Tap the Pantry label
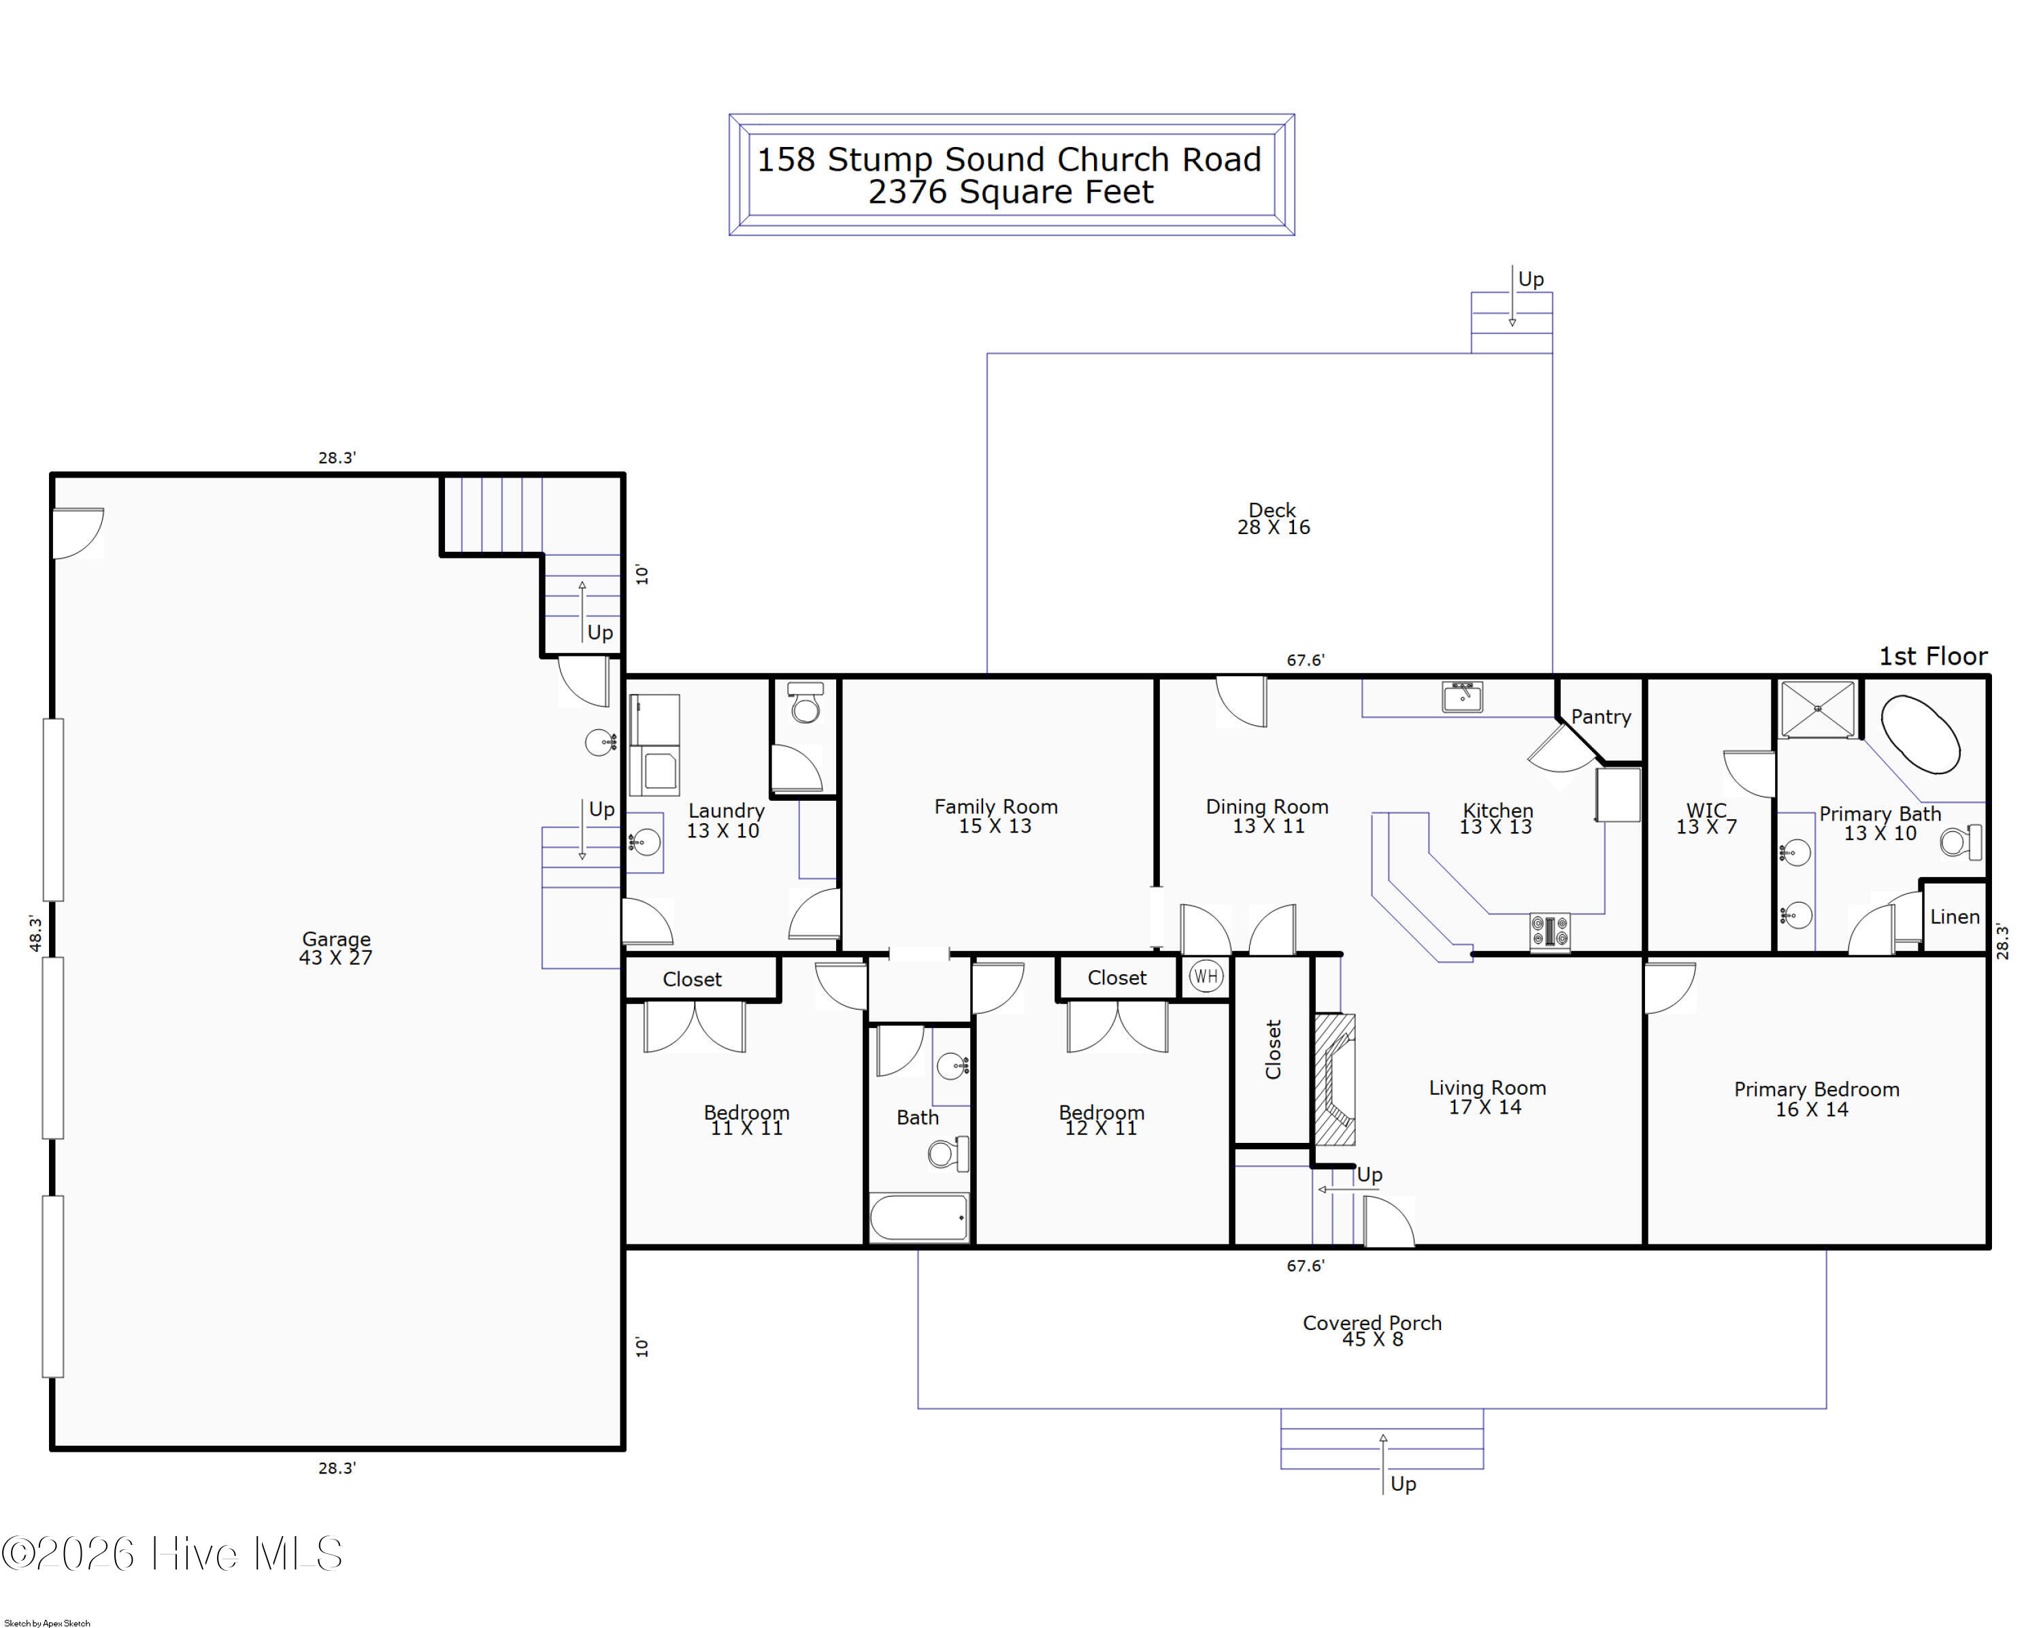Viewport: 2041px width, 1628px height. tap(1601, 716)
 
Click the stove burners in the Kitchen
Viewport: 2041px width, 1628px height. tap(1550, 931)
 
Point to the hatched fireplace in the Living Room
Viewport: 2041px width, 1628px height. tap(1335, 1079)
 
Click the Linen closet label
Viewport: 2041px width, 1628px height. tap(1954, 916)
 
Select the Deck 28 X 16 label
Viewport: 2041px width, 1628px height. tap(1274, 518)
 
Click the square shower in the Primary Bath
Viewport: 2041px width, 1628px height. tap(1818, 709)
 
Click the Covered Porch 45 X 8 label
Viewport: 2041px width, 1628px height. tap(1372, 1330)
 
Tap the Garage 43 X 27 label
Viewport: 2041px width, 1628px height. tap(336, 948)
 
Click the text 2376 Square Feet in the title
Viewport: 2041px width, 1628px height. tap(1010, 192)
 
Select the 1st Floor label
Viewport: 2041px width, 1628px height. tap(1932, 656)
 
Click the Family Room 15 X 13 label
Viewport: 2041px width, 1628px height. tap(996, 816)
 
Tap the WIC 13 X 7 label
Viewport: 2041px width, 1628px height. tap(1706, 818)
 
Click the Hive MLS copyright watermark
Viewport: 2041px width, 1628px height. tap(172, 1554)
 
